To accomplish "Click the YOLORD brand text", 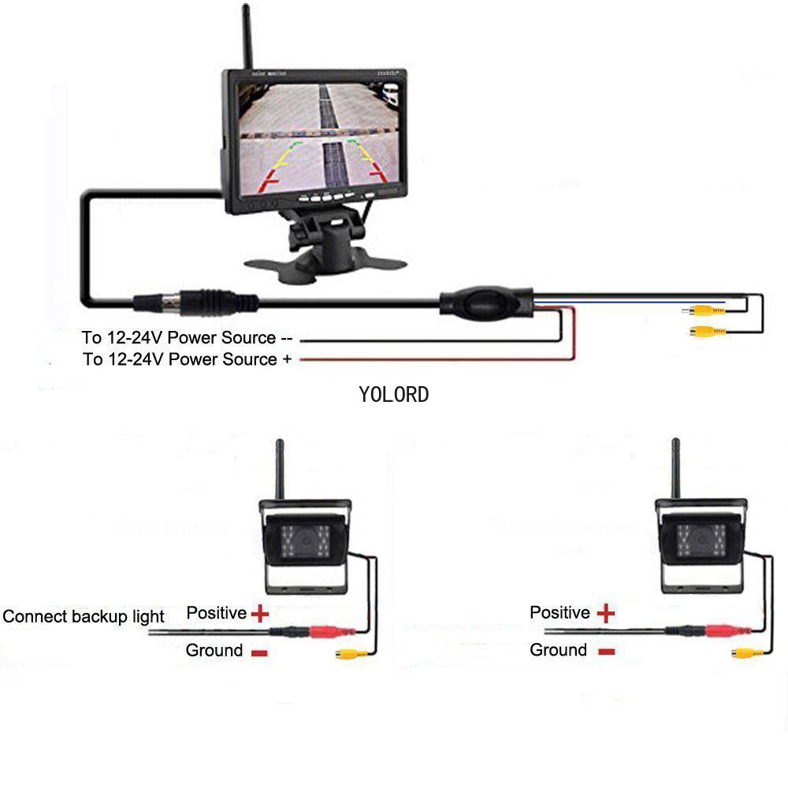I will click(x=394, y=394).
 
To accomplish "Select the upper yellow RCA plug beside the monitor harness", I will click(x=706, y=311).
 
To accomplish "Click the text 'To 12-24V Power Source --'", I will click(x=188, y=338).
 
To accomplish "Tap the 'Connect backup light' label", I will click(x=84, y=616).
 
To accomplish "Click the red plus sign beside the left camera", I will click(x=259, y=613).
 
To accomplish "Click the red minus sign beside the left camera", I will click(x=259, y=652).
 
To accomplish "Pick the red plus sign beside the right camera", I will click(x=605, y=612).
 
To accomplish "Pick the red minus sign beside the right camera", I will click(x=605, y=652).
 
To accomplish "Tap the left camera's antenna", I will click(x=278, y=470).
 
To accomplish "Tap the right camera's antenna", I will click(x=675, y=470).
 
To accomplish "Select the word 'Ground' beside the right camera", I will click(x=558, y=650).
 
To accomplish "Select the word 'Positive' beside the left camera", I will click(x=217, y=612).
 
